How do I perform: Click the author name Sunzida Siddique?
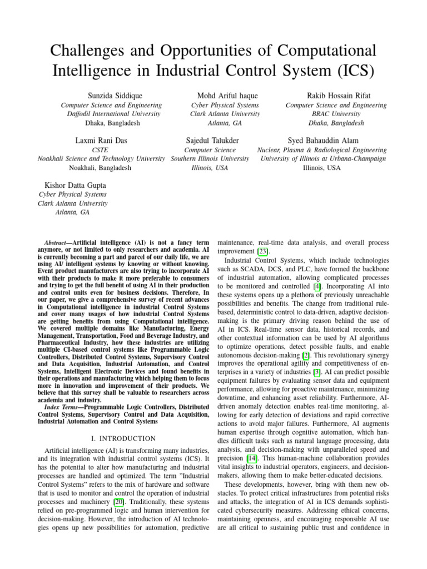tap(111, 96)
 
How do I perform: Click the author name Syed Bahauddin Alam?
tap(322, 141)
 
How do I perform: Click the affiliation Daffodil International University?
tap(111, 114)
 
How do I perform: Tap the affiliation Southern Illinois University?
tap(210, 158)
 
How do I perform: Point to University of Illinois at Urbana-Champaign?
tap(322, 158)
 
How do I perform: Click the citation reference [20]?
tap(119, 502)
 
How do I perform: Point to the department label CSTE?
tap(100, 150)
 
